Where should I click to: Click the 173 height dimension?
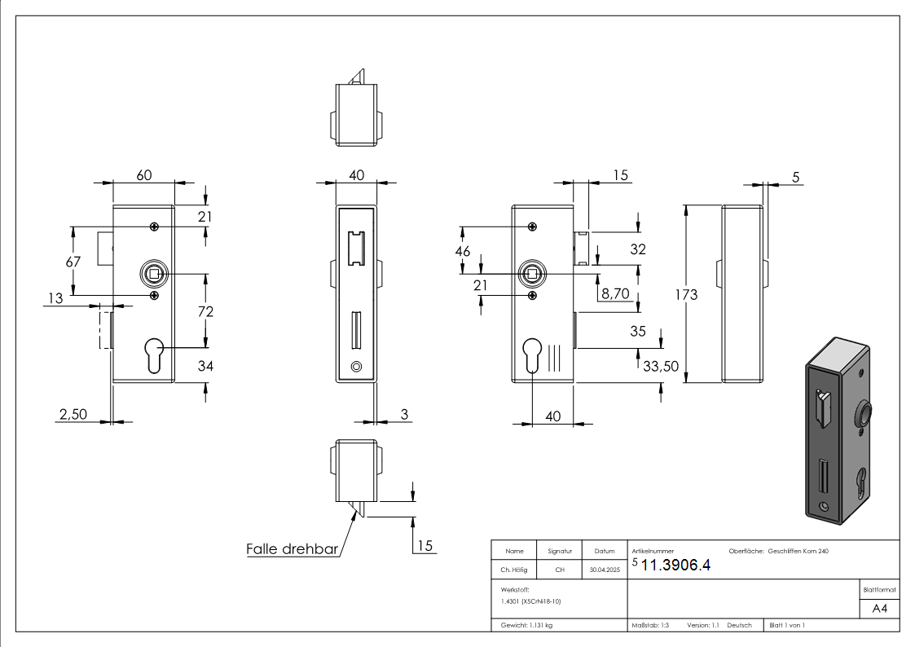686,294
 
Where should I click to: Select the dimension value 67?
73,261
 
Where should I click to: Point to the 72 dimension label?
205,311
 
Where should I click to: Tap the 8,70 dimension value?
615,293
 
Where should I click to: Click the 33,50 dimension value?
660,367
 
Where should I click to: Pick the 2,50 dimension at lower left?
73,414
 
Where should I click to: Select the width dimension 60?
143,175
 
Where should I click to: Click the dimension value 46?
462,251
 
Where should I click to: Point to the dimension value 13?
55,299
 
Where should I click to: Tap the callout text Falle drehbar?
292,549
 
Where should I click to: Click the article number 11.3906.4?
675,566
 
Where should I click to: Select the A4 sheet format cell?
879,609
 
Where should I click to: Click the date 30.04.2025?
604,570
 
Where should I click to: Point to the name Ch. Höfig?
513,570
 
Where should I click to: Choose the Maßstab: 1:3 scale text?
650,625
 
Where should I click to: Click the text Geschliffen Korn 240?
798,552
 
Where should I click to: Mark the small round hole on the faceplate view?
355,368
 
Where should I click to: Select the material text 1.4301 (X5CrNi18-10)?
531,601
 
